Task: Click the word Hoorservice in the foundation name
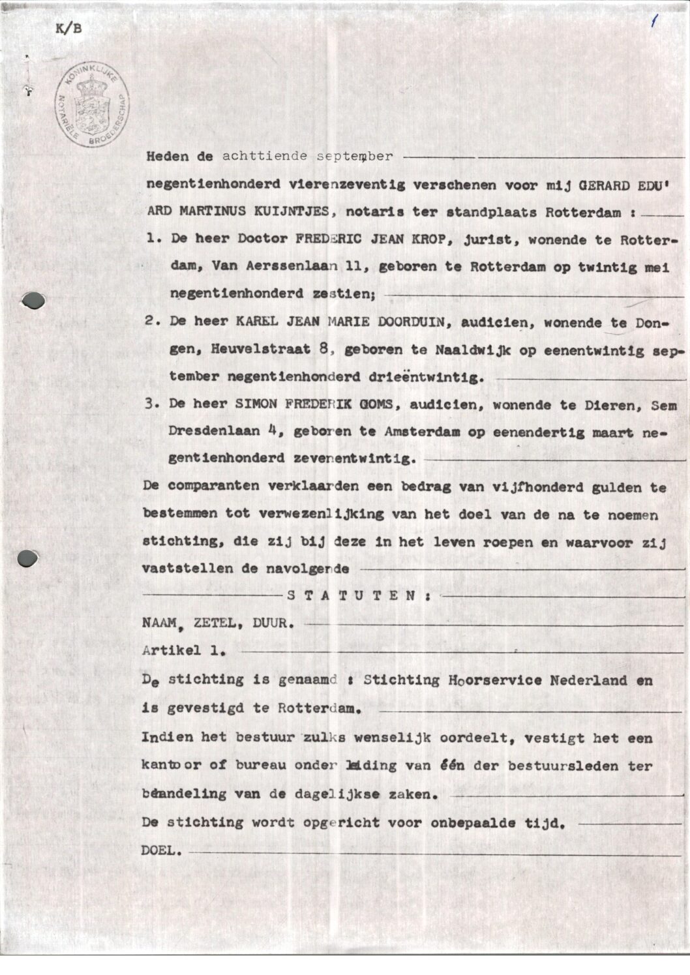pos(494,680)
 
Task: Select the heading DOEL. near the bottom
pos(162,850)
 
